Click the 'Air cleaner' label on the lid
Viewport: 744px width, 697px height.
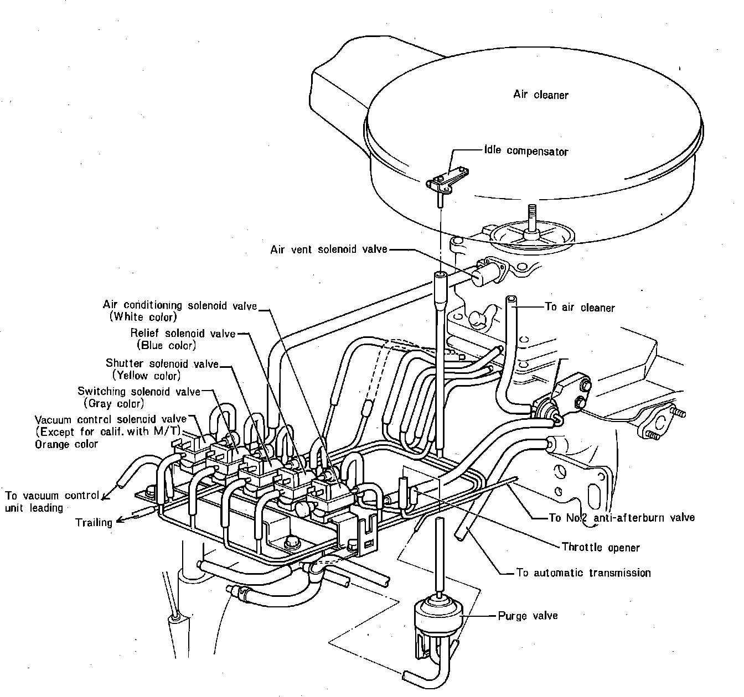(540, 95)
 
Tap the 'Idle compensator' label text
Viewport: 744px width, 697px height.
(526, 151)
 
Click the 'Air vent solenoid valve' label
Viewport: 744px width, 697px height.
(329, 249)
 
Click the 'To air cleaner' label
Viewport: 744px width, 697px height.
(580, 308)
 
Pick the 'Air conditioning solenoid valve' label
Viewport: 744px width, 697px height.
(180, 305)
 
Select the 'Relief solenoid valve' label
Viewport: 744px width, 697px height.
(183, 334)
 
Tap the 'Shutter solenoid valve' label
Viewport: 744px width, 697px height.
(162, 364)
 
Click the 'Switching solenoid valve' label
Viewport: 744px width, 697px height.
(139, 392)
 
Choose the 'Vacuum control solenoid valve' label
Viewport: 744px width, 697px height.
(111, 419)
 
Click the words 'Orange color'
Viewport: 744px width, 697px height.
(66, 444)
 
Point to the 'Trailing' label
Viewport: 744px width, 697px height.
(94, 522)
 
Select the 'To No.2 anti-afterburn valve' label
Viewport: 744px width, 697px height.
(621, 518)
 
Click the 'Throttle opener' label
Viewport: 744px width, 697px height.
(600, 548)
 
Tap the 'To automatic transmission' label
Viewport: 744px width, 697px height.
(583, 573)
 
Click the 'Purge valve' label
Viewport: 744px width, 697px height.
(528, 616)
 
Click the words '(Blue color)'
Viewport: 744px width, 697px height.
(166, 345)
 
